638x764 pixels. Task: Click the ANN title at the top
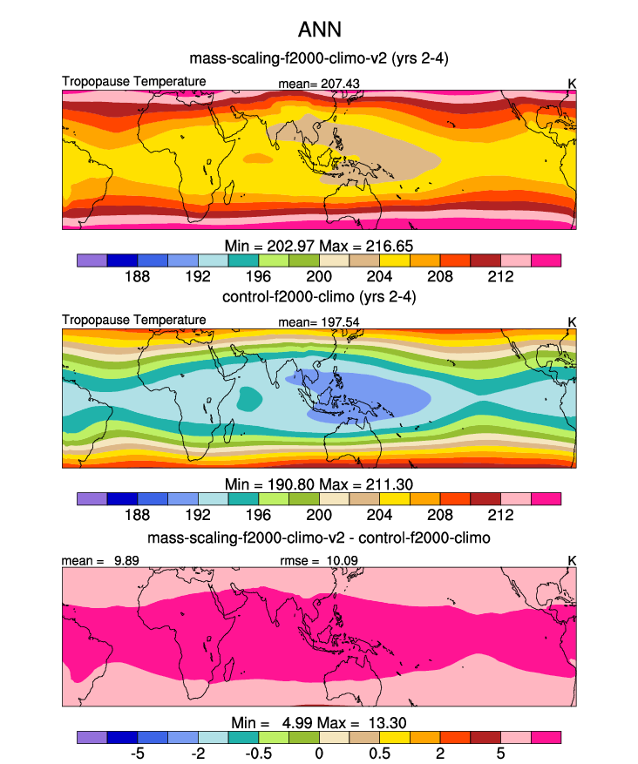click(319, 30)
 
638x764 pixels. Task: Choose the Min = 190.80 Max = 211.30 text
click(319, 484)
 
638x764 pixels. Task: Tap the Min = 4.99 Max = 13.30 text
click(319, 722)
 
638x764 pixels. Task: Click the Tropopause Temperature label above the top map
click(134, 82)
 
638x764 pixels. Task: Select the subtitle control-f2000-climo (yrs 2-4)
click(319, 298)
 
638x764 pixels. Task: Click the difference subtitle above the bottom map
click(319, 537)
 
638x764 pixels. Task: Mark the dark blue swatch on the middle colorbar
click(122, 499)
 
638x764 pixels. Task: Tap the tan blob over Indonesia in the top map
click(366, 148)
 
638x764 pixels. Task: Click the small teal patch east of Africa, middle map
click(250, 399)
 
